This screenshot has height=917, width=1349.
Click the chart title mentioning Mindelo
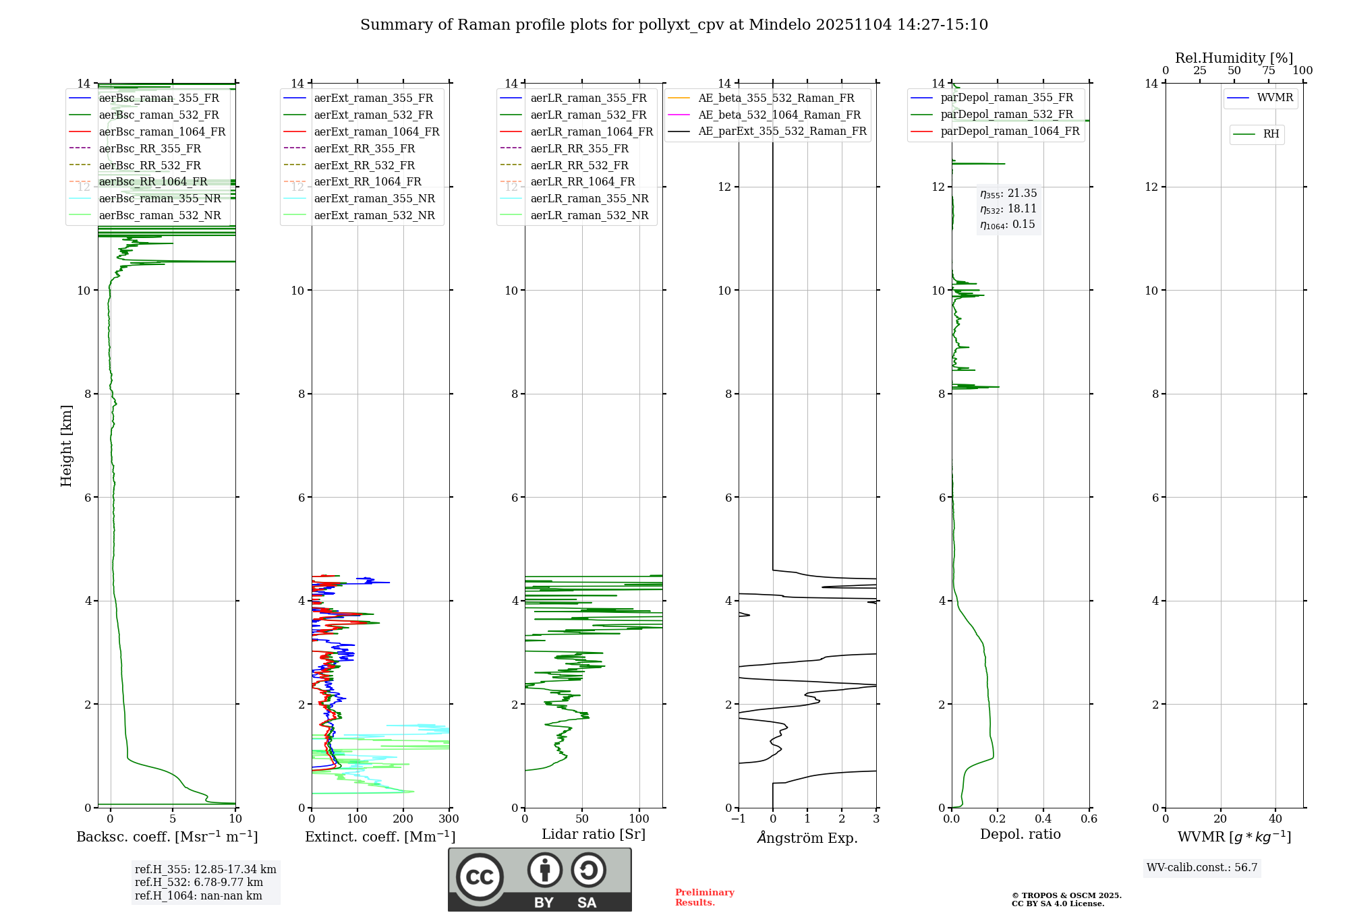tap(674, 25)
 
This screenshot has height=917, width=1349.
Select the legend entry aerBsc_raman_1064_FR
tap(162, 131)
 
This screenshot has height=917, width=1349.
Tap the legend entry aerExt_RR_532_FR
tap(364, 165)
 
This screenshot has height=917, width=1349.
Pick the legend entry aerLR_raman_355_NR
tap(589, 198)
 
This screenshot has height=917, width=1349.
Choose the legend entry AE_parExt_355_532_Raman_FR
tap(782, 131)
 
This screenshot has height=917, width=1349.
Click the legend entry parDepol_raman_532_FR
tap(1006, 115)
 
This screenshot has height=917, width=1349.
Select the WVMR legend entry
tap(1275, 98)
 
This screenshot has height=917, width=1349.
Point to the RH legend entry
tap(1271, 134)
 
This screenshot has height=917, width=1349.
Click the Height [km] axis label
tap(66, 445)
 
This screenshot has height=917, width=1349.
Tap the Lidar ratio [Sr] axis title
tap(594, 834)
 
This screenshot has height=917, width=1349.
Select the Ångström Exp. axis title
tap(807, 837)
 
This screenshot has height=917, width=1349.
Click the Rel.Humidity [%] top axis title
tap(1234, 58)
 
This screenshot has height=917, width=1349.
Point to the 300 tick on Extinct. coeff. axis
tap(449, 819)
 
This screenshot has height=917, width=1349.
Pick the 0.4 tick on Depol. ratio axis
tap(1043, 819)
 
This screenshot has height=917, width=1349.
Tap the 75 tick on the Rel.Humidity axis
tap(1269, 71)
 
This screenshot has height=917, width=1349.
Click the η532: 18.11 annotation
tap(1008, 209)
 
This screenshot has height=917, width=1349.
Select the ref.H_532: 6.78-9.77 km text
tap(198, 882)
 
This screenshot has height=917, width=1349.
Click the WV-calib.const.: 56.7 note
tap(1202, 867)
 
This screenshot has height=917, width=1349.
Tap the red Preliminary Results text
tap(704, 897)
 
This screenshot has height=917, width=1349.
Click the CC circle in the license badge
tap(480, 877)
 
